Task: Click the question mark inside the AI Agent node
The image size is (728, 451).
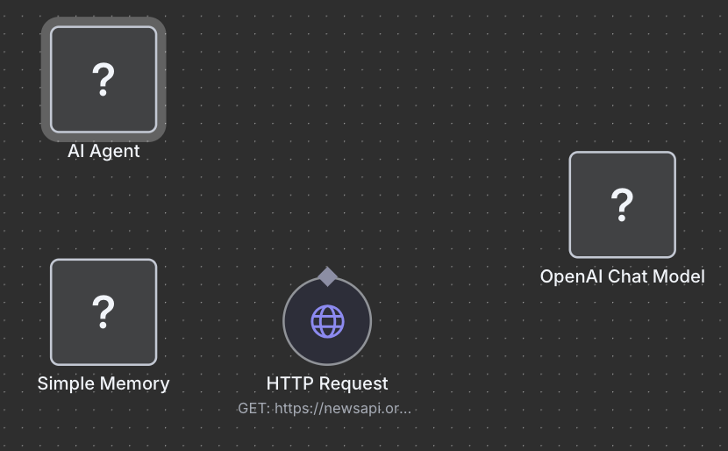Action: (x=103, y=80)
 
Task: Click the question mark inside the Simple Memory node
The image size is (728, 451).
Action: (x=103, y=311)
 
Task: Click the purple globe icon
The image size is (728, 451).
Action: (x=327, y=321)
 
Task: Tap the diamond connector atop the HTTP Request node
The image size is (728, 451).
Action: (x=327, y=277)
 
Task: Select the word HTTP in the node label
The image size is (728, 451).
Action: (x=287, y=383)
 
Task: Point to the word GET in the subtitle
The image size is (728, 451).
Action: (x=253, y=408)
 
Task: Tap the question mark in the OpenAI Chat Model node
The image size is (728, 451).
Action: (x=622, y=204)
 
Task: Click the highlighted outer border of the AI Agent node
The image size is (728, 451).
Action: (x=46, y=80)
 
